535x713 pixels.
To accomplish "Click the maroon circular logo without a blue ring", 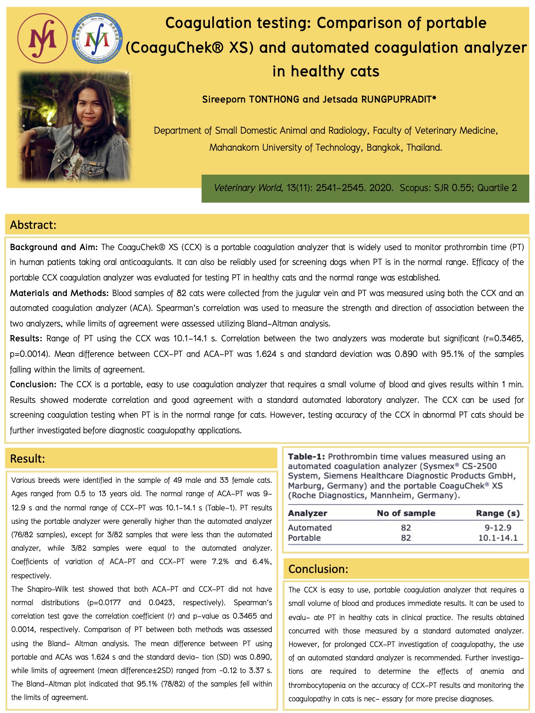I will point(42,38).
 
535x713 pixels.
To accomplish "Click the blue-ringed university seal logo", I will point(97,38).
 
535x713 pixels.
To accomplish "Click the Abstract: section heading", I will point(33,225).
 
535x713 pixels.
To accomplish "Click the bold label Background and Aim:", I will point(53,247).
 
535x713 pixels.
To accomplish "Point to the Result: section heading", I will point(28,459).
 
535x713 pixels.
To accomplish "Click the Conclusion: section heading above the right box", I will point(318,569).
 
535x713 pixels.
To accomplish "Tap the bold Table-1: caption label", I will point(306,457).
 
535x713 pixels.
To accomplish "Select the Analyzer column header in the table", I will point(307,513).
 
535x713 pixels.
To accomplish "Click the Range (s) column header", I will point(497,513).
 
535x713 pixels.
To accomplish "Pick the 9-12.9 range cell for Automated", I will point(498,528).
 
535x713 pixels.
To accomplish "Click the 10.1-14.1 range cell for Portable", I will point(498,538).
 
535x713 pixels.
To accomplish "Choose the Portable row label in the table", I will point(304,538).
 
